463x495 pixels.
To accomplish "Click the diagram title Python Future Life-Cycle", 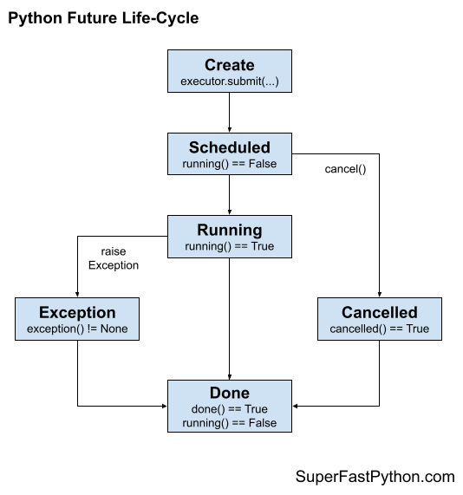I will click(103, 18).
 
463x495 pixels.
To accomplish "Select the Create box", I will click(229, 72).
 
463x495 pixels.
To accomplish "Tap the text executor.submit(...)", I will click(229, 82).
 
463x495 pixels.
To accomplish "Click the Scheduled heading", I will click(229, 147).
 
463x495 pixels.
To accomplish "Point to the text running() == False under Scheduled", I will click(229, 163).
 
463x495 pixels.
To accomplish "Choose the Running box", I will click(229, 237).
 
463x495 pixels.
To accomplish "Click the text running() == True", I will click(229, 246).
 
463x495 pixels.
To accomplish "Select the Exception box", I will click(77, 319).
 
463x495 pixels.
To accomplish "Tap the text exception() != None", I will click(77, 329).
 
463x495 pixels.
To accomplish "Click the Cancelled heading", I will click(379, 312).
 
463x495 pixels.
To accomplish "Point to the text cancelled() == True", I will click(379, 329).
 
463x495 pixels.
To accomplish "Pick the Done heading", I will click(229, 393).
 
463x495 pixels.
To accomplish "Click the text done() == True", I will click(229, 408).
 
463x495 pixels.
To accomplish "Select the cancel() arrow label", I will click(345, 169).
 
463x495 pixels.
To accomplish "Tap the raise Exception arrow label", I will click(113, 258).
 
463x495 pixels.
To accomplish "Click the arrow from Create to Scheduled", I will click(229, 112).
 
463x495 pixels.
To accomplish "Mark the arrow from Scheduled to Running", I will click(229, 194).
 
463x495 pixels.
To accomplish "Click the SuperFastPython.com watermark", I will click(375, 476).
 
